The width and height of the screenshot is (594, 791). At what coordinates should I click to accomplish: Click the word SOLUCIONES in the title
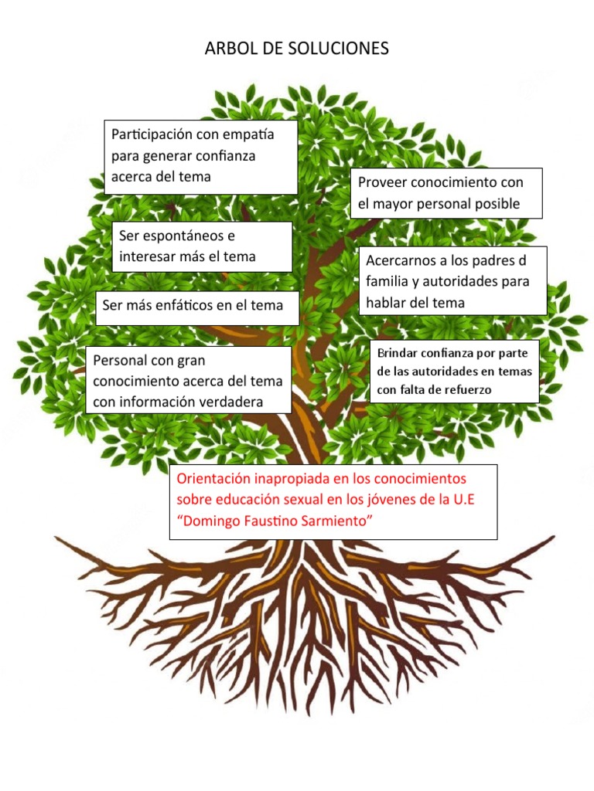pos(339,49)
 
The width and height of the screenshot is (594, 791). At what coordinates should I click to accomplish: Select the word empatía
pos(248,135)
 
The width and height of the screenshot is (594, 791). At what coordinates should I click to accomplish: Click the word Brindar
pos(397,353)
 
